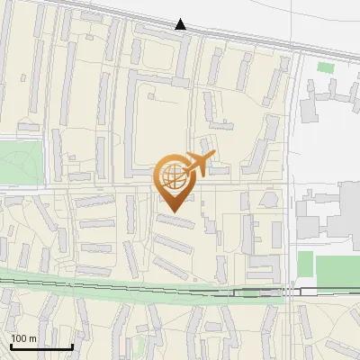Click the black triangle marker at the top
[x=181, y=24]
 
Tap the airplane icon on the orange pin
[x=199, y=165]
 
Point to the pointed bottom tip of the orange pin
[x=174, y=211]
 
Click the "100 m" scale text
[x=23, y=338]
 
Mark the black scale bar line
[x=41, y=346]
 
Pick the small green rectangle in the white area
[x=325, y=67]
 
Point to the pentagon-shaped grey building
[x=269, y=199]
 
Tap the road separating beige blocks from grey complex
[x=292, y=180]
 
